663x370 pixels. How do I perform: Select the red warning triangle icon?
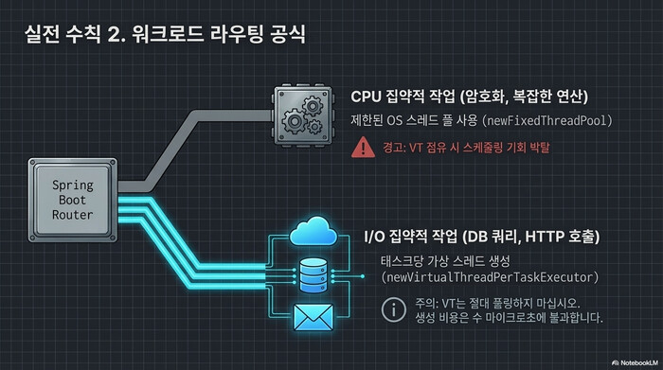(362, 148)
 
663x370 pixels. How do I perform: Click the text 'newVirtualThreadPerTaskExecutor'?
(490, 277)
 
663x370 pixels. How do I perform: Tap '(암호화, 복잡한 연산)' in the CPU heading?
(531, 97)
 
